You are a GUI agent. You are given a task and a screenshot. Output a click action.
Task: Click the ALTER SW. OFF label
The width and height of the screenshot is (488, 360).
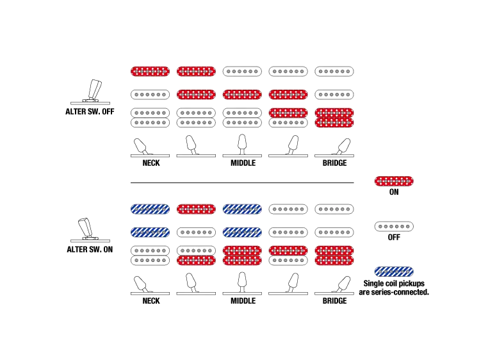point(90,111)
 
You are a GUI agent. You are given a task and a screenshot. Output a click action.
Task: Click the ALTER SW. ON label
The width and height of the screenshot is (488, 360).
point(90,250)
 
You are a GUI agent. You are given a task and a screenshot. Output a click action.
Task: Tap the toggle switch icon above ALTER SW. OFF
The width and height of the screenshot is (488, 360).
point(94,89)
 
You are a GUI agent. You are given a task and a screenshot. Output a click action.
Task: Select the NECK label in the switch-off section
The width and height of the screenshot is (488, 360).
point(150,163)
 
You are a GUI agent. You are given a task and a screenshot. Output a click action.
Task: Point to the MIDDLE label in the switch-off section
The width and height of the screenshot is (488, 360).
point(243,163)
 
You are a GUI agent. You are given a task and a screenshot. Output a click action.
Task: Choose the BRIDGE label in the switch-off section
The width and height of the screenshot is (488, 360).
point(336,163)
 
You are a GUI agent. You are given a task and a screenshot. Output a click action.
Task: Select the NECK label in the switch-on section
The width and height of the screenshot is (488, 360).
point(150,301)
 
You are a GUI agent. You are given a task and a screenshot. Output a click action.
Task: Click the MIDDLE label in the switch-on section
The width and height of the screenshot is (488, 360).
point(243,301)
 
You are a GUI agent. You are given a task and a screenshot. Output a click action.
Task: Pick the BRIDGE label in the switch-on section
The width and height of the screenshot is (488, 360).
point(336,301)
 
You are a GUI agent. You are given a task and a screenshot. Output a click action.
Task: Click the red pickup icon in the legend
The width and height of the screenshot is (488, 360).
point(394,181)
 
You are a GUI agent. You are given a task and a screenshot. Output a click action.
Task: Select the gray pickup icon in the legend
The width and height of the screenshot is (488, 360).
point(394,227)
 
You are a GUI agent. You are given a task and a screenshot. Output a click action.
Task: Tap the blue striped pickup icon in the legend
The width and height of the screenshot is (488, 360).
point(394,272)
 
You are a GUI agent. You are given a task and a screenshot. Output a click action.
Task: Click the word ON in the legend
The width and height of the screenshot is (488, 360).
point(394,192)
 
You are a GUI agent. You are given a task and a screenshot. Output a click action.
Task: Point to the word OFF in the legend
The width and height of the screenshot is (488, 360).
point(394,238)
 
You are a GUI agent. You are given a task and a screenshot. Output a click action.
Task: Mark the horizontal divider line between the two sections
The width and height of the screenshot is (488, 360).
point(243,182)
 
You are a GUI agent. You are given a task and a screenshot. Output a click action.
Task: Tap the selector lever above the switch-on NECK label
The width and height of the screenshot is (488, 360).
point(142,282)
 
